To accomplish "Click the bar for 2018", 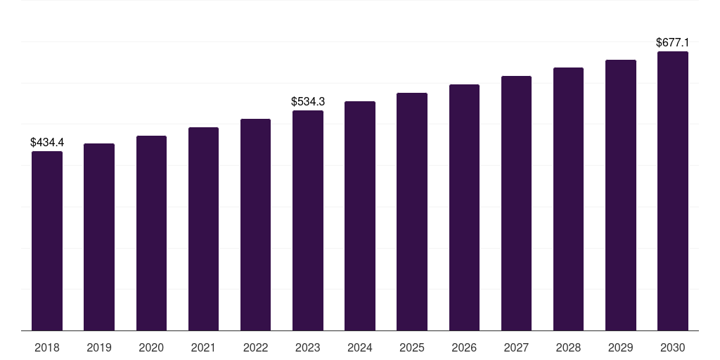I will point(47,240).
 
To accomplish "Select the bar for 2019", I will point(99,237).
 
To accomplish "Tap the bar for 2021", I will point(203,229).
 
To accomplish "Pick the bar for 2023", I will point(308,220).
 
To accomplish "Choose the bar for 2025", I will point(412,212).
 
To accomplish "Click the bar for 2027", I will point(516,203).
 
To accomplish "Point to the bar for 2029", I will point(621,195).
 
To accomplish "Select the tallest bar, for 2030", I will point(673,191).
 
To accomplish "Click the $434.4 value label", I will point(47,143).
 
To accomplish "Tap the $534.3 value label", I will point(308,102).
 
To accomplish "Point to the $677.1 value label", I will point(673,43).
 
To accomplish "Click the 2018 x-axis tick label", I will point(47,347).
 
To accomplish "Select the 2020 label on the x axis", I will point(151,347).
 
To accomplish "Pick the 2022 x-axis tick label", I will point(255,347).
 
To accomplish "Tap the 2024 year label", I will point(360,347).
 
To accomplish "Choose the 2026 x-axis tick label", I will point(464,347).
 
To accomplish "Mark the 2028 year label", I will point(568,347).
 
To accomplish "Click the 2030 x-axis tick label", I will point(673,347).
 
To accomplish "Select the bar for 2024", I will point(360,216).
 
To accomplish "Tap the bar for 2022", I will point(255,224).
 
